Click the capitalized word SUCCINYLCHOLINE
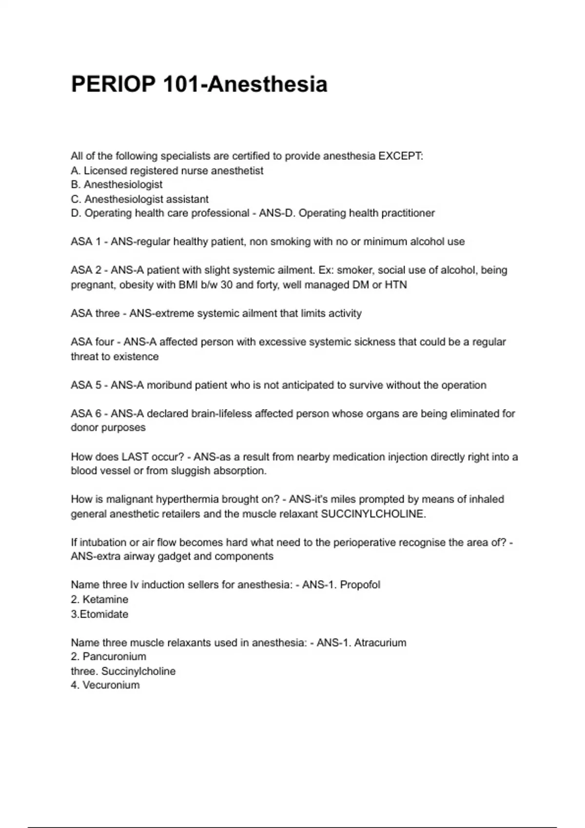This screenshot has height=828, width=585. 373,514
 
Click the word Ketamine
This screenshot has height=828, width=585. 105,600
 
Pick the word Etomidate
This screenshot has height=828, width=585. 104,614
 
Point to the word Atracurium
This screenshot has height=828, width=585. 380,642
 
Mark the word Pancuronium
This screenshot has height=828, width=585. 115,657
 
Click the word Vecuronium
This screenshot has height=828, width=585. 111,685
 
